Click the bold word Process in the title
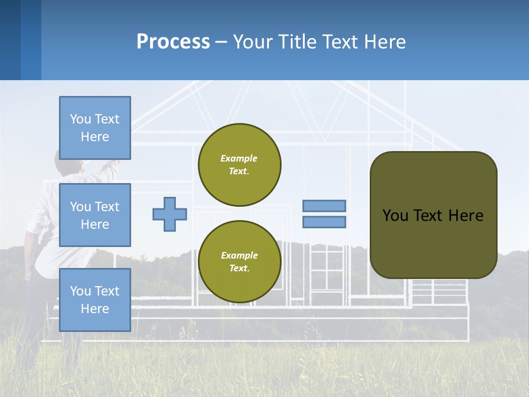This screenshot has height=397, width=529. pos(173,41)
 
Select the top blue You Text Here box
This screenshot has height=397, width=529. pos(95,128)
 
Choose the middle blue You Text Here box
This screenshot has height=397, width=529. pos(95,215)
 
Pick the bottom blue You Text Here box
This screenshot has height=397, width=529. pos(95,299)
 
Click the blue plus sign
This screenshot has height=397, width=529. pos(170,214)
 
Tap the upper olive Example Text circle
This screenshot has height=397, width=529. pos(240,164)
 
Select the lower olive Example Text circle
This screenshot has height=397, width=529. pos(240,261)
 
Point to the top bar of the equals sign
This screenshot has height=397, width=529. pos(324,206)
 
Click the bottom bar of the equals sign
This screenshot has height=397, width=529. pos(324,222)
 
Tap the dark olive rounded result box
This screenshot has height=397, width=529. pos(433,243)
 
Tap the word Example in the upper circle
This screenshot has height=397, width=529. pos(239,158)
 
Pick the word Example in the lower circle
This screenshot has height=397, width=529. pos(239,255)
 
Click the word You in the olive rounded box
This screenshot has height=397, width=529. pos(395,216)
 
